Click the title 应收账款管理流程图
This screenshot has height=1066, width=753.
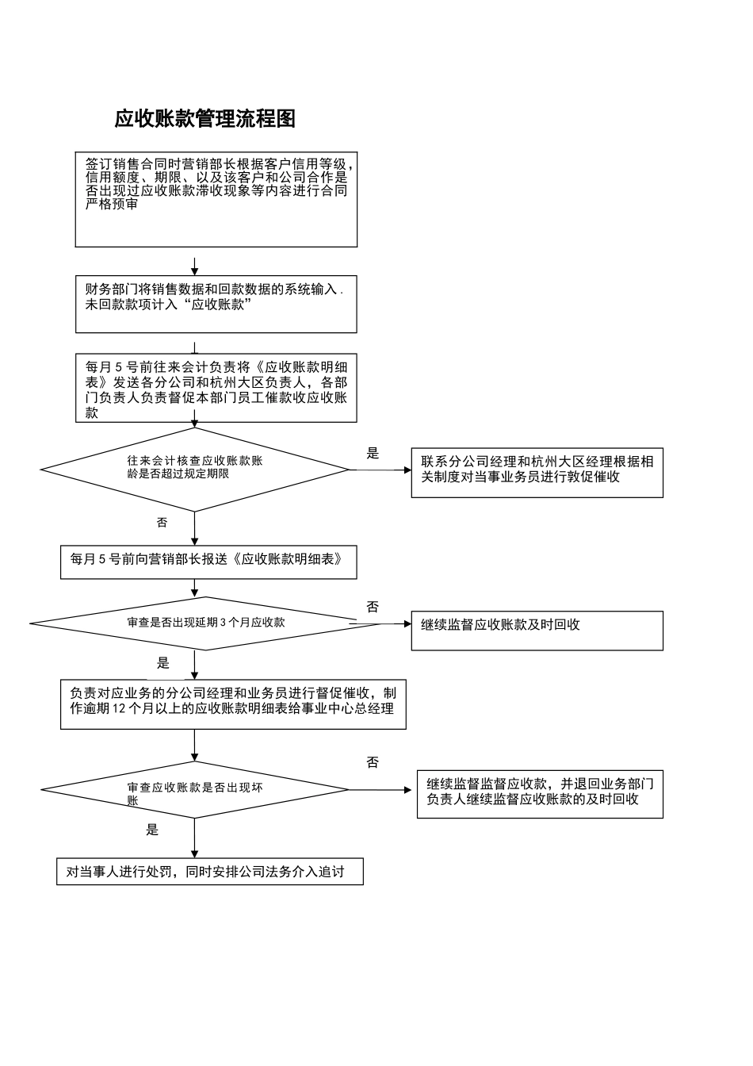[x=204, y=119]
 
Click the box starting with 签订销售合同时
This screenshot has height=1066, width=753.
[x=216, y=199]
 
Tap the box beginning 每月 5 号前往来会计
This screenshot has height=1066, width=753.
[x=216, y=388]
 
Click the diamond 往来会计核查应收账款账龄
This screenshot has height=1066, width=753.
[x=194, y=470]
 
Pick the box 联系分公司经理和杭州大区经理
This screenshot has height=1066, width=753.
[x=537, y=474]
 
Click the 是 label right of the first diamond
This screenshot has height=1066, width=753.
[x=373, y=454]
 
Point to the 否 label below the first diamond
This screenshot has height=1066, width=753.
[x=162, y=523]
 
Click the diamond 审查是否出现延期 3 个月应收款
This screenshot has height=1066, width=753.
[x=206, y=623]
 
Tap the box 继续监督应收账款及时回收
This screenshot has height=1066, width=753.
[x=537, y=631]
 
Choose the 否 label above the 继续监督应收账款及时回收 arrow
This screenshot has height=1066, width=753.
[x=373, y=607]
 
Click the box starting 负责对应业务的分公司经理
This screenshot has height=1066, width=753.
[x=233, y=704]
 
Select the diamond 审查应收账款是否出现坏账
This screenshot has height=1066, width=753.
[x=194, y=789]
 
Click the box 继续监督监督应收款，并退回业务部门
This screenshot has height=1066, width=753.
[x=540, y=794]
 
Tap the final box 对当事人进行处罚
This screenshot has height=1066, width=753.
[x=209, y=872]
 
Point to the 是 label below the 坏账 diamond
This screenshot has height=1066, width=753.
[x=152, y=830]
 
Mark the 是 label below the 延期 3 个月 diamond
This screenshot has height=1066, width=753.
[x=162, y=663]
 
